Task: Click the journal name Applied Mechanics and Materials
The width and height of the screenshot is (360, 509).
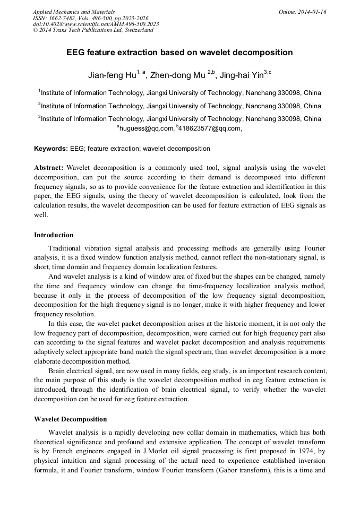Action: point(73,11)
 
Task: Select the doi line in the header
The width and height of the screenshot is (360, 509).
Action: point(96,24)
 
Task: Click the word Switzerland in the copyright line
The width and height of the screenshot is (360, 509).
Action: point(137,30)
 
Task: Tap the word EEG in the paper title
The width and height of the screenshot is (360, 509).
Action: point(78,53)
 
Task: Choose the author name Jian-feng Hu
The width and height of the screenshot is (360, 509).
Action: point(112,75)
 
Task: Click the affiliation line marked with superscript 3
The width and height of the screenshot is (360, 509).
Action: point(179,119)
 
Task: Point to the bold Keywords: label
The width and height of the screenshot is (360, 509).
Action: point(50,149)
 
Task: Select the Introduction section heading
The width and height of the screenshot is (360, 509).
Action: point(54,235)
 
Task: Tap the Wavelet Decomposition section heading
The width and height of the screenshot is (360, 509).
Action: point(70,419)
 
